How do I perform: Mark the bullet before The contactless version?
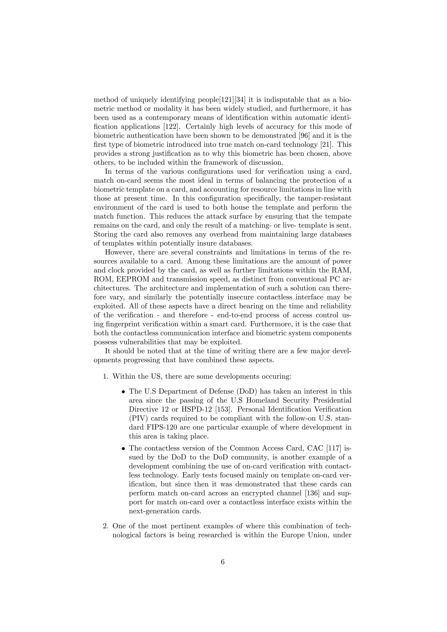click(x=124, y=449)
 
